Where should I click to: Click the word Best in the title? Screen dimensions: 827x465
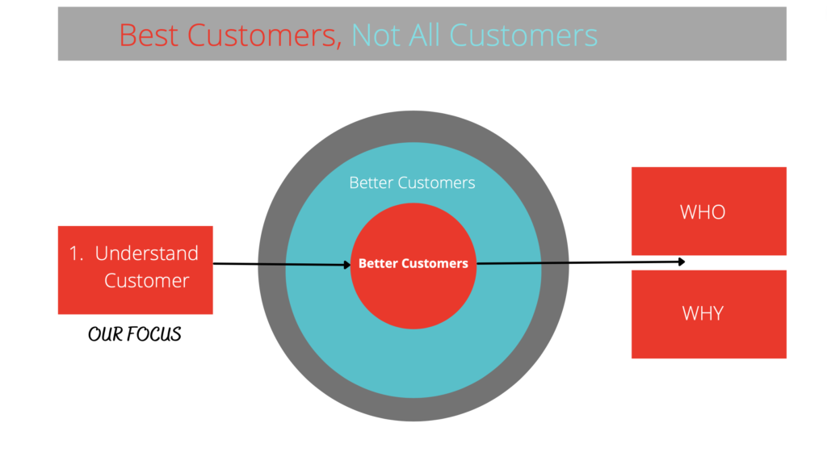[149, 36]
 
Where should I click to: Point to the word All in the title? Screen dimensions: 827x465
[425, 36]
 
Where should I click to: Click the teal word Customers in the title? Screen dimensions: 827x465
[523, 36]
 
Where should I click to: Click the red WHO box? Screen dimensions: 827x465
[709, 211]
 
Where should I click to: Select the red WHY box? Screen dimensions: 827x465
[709, 314]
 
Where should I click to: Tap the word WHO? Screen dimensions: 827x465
[703, 212]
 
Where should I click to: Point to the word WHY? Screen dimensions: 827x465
[703, 313]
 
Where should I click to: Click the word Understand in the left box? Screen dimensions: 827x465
[147, 253]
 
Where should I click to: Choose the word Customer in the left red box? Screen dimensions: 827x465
[147, 280]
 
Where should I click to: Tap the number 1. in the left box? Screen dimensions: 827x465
[77, 253]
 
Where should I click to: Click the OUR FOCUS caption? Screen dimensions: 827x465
[135, 333]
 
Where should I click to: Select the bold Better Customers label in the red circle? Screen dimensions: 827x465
[413, 263]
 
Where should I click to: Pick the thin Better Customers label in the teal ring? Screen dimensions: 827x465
[412, 182]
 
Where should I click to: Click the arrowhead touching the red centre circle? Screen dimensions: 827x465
[347, 265]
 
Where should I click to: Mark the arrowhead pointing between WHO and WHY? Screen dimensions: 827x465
[682, 262]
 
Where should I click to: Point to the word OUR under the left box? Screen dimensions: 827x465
[106, 333]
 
